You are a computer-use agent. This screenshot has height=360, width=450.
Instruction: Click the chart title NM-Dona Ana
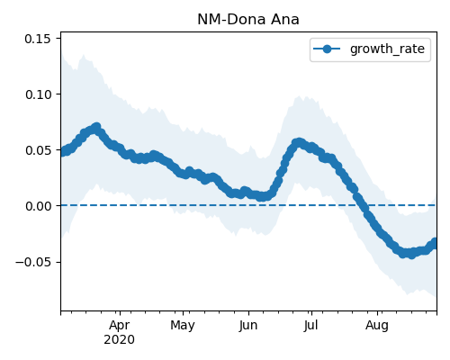(248, 20)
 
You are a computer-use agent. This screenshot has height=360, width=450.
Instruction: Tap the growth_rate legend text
(387, 49)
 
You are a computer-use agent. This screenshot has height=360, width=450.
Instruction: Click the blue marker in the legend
(327, 49)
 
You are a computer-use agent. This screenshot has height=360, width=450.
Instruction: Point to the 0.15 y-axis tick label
(38, 39)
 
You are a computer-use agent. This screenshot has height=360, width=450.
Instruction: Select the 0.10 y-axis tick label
(38, 94)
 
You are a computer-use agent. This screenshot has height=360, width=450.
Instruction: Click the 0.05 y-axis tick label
(38, 150)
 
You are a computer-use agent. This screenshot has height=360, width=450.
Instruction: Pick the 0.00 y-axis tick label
(38, 206)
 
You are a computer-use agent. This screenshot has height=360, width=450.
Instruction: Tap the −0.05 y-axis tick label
(33, 262)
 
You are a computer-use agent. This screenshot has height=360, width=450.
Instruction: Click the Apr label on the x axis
(120, 325)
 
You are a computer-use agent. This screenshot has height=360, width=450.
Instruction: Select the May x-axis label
(183, 325)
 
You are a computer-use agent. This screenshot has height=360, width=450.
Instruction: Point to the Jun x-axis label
(248, 325)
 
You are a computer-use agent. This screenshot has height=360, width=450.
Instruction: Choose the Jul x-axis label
(311, 325)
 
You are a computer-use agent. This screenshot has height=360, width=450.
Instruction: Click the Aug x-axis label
(377, 325)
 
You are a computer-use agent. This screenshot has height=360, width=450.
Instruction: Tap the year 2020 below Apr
(119, 339)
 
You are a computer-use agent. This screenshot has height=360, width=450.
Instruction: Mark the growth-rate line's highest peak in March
(96, 128)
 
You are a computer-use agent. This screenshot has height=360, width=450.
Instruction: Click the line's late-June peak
(298, 143)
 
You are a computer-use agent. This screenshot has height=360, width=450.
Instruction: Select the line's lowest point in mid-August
(411, 254)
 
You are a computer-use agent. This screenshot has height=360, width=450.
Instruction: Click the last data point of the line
(436, 242)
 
